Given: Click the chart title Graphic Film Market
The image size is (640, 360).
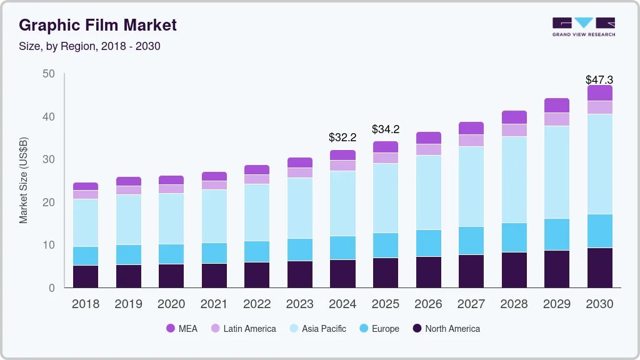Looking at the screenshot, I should (98, 25).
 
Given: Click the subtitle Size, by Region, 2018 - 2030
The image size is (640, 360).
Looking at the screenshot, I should (90, 46).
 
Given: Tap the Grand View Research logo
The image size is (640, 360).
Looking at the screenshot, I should (583, 26).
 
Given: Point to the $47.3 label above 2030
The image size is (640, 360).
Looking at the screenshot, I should (599, 80).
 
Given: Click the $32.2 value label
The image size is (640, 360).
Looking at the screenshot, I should (342, 137).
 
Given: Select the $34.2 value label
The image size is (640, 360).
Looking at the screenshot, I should (386, 129).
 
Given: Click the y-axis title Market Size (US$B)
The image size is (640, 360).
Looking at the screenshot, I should (24, 181).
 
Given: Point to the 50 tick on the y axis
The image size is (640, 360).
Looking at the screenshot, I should (49, 74).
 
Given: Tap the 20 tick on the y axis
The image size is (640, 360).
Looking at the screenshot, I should (49, 202).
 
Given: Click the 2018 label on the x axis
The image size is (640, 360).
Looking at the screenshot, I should (86, 304).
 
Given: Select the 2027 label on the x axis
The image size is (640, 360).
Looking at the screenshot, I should (471, 304).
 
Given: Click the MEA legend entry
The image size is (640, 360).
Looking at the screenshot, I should (182, 328).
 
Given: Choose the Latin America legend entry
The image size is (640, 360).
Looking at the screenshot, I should (243, 328).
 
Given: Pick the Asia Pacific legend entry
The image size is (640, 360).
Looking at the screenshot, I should (317, 328).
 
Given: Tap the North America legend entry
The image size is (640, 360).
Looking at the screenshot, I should (446, 328).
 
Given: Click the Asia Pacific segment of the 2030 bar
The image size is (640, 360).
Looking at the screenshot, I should (599, 164).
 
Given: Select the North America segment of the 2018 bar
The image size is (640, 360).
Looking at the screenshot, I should (86, 276).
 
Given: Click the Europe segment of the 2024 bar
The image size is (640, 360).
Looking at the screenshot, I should (342, 247).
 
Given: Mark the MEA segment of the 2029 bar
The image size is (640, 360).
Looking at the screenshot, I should (557, 105).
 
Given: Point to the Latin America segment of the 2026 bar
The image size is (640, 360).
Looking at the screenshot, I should (428, 149).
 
